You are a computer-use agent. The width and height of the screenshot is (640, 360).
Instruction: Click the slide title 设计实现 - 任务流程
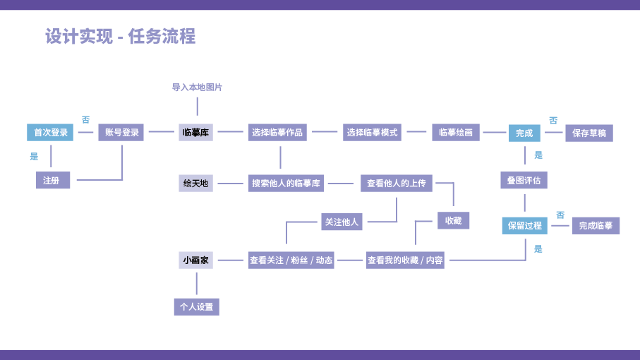point(120,36)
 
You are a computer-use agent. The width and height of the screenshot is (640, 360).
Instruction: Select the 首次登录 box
point(51,132)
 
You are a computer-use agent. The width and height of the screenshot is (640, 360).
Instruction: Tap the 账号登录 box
point(121,132)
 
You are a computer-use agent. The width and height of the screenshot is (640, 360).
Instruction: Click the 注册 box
point(52,180)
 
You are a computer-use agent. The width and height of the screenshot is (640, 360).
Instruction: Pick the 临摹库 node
point(196,132)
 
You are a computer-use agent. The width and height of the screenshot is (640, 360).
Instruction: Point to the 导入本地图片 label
point(197,88)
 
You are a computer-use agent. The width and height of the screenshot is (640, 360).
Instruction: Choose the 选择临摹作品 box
point(277,132)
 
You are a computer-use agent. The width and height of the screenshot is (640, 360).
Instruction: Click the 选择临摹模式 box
point(372,132)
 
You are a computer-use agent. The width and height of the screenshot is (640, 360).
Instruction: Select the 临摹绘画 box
point(456,132)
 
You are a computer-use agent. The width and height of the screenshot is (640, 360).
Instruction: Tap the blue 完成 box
point(524,133)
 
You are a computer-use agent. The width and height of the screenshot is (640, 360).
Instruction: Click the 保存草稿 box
point(588,133)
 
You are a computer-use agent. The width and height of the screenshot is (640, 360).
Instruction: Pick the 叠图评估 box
point(524,180)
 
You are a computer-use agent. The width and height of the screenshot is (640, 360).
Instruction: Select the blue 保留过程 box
point(524,225)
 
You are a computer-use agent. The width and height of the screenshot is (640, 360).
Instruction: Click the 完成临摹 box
point(596,225)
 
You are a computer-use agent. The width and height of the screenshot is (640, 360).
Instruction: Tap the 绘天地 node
point(196,184)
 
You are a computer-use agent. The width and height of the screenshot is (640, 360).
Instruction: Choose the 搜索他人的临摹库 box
point(286,184)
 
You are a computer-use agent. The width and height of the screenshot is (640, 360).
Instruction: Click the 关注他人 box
point(342,222)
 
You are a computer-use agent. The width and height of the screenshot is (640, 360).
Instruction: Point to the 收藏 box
point(453,220)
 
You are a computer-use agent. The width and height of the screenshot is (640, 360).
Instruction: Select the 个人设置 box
point(196,307)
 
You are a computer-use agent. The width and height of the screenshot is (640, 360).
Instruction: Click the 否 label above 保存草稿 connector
point(553,121)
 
